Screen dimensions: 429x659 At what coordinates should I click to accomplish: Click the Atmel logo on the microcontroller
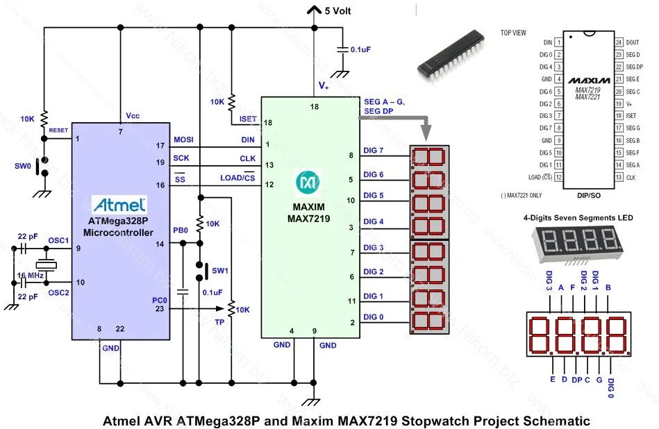pyautogui.click(x=119, y=205)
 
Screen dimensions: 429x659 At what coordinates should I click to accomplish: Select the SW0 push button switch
pyautogui.click(x=44, y=167)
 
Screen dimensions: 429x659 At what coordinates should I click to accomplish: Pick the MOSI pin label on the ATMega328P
pyautogui.click(x=183, y=140)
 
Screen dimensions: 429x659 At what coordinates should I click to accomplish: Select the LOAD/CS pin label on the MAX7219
pyautogui.click(x=237, y=178)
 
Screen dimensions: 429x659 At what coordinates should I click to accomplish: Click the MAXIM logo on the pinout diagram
pyautogui.click(x=592, y=81)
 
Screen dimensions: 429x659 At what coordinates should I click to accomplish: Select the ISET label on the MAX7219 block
pyautogui.click(x=248, y=119)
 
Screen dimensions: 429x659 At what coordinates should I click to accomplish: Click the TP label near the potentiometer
pyautogui.click(x=219, y=323)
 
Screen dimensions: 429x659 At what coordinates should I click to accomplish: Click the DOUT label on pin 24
pyautogui.click(x=633, y=42)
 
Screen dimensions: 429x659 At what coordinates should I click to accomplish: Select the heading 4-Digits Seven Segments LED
pyautogui.click(x=577, y=218)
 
